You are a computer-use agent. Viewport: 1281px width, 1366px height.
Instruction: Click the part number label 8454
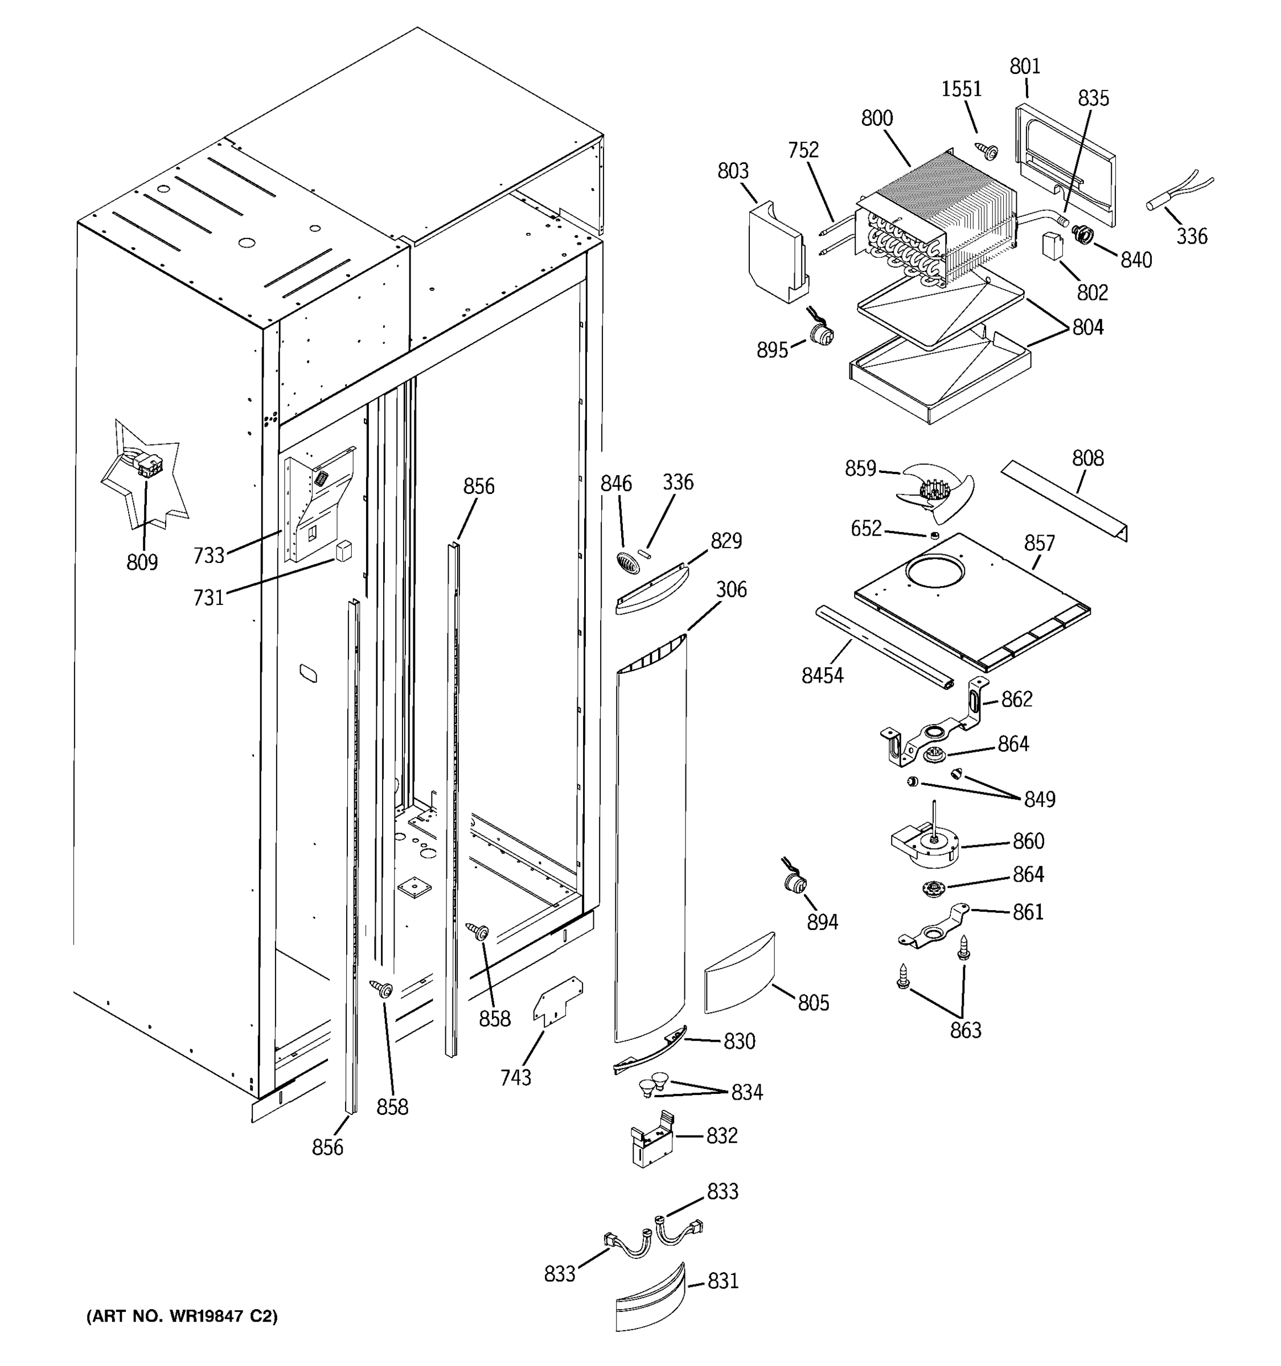822,676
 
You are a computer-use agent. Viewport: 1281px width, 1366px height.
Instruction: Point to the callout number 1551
961,89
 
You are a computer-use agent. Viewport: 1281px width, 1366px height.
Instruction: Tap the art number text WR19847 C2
182,1316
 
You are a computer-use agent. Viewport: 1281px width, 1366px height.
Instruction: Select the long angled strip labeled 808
1065,500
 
